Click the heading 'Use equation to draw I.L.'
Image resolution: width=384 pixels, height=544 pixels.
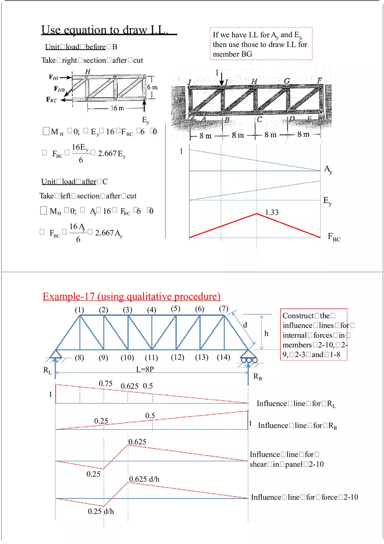(109, 30)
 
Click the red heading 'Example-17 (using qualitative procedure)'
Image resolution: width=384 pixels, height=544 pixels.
(132, 297)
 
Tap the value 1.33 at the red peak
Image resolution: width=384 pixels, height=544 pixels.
(272, 212)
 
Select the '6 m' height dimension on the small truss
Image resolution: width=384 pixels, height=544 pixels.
(152, 87)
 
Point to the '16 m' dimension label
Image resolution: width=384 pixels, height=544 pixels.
(116, 108)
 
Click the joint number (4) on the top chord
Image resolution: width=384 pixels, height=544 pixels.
(151, 310)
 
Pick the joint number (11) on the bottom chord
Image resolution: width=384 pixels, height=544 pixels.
(151, 358)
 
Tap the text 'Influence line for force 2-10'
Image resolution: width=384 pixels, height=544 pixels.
(305, 497)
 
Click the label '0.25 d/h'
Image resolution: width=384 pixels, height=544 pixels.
(101, 511)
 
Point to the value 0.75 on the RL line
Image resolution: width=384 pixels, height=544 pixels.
(106, 383)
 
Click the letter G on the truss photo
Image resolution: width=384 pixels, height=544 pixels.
(287, 81)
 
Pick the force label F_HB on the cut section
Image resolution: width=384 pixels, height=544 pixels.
(61, 89)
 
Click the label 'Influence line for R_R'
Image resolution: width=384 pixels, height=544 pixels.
(298, 425)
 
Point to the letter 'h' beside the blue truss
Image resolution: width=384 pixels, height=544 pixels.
(266, 333)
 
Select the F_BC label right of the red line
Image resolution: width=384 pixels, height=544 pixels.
(334, 237)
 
